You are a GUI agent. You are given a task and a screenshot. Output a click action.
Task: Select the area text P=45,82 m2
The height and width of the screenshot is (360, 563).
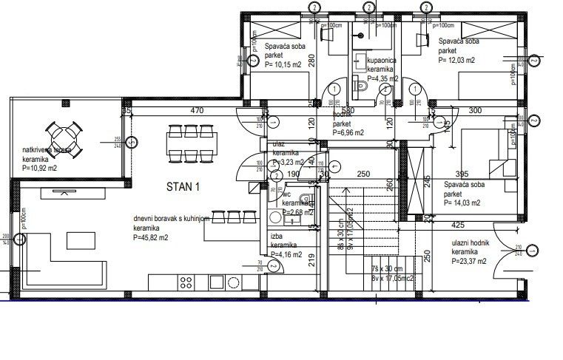click(x=151, y=238)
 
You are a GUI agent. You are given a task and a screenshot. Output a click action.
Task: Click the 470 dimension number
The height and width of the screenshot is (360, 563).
click(x=196, y=112)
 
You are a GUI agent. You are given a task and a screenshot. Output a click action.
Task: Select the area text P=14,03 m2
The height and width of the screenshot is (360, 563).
click(x=462, y=202)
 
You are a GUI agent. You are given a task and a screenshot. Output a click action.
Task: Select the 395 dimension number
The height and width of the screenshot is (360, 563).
click(x=461, y=175)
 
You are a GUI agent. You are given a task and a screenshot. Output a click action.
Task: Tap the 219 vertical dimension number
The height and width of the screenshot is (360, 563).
click(x=314, y=259)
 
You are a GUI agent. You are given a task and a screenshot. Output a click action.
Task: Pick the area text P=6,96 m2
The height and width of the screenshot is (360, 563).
click(x=348, y=134)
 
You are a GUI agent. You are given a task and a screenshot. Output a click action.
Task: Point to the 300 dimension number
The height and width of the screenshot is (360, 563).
click(x=475, y=112)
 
